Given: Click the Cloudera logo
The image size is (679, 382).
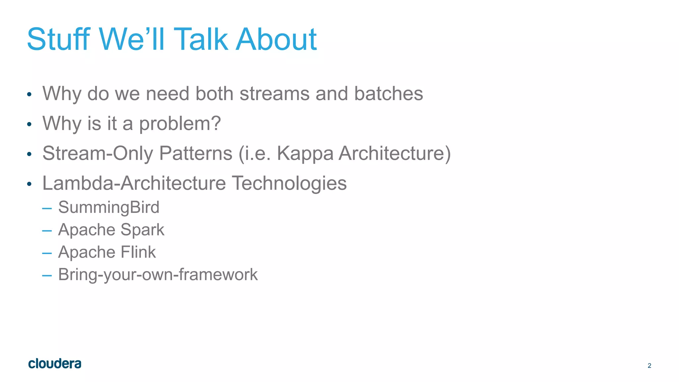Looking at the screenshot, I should pos(55,364).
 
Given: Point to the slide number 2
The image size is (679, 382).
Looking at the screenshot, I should pos(649,365).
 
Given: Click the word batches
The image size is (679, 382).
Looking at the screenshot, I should pos(388,94).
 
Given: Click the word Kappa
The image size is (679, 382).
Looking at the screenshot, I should pos(305,154).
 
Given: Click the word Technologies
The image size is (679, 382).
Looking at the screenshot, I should pos(289,184).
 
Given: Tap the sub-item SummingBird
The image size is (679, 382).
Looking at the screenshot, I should pos(109,207).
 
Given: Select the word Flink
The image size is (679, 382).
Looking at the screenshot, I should pos(138,252).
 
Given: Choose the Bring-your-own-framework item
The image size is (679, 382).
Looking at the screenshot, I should pos(158,275).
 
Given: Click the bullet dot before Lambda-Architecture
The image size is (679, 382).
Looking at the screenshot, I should pos(29,184).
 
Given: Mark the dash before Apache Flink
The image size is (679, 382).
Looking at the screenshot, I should pos(47,253).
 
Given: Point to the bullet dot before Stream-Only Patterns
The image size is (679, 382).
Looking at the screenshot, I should pos(29,154).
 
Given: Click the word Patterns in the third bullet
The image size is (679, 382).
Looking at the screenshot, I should pos(196,153).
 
